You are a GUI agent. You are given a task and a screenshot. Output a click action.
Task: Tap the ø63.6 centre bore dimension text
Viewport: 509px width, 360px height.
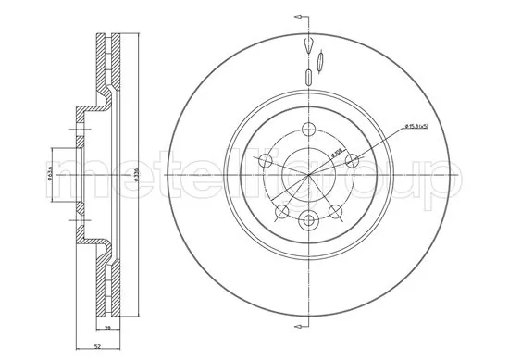49,172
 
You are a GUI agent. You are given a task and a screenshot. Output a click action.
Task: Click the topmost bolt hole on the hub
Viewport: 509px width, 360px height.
307,129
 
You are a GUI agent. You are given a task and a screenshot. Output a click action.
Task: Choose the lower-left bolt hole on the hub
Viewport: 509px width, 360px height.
282,210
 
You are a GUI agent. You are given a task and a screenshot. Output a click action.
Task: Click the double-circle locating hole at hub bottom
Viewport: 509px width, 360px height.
307,219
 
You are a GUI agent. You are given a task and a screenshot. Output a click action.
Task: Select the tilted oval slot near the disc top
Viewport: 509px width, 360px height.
320,62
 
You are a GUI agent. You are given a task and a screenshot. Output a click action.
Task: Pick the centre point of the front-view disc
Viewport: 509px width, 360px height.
307,173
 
